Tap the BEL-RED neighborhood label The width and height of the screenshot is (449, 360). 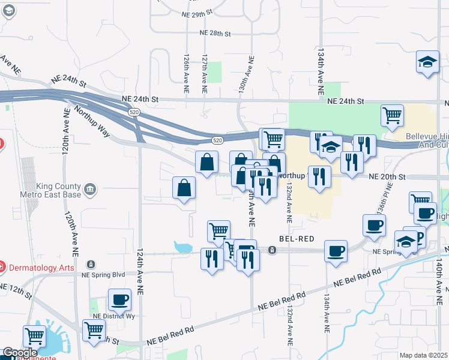(292, 238)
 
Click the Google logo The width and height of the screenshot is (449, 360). (20, 353)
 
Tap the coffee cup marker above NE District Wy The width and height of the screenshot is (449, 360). (119, 299)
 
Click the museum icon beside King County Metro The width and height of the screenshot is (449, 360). (90, 190)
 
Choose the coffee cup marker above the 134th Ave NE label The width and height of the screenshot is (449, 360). (336, 251)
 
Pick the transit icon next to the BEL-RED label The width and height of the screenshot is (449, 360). (272, 250)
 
